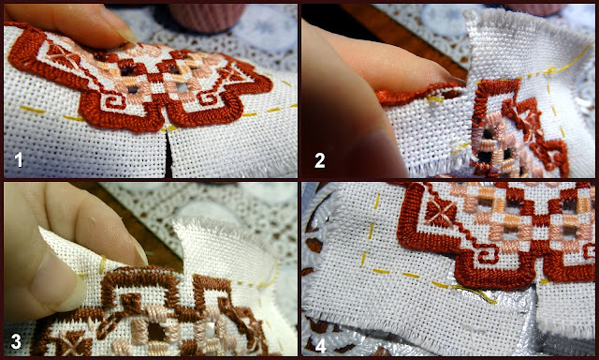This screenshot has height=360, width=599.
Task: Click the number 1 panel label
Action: (18, 160)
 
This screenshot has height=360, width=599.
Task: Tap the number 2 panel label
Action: (320, 160)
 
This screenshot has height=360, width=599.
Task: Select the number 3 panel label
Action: (16, 341)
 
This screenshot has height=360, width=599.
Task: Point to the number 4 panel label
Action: (320, 346)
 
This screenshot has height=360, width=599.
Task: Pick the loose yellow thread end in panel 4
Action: (475, 293)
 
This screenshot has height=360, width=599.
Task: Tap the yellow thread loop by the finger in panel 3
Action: (102, 264)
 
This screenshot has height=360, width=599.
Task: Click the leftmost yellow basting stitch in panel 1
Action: (32, 110)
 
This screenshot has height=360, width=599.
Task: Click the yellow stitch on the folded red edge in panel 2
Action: (434, 99)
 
